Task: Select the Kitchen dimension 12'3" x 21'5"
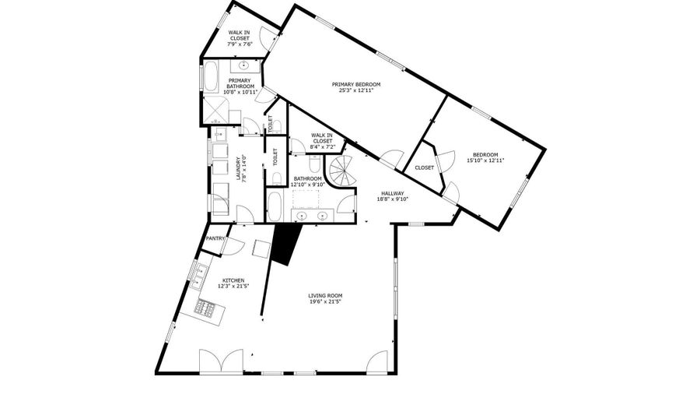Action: [x=233, y=286]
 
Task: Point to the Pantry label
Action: [x=215, y=238]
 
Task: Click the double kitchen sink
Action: [x=198, y=277]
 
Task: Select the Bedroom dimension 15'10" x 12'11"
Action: [x=485, y=160]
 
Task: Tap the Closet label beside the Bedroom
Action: [x=424, y=168]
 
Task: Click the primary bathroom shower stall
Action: [x=215, y=110]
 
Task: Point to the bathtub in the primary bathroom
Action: [x=210, y=77]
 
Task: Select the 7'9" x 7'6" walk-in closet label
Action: [x=240, y=38]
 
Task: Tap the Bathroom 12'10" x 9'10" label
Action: [x=307, y=181]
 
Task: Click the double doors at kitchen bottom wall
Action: [x=222, y=361]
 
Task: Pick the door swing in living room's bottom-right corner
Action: [x=377, y=361]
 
